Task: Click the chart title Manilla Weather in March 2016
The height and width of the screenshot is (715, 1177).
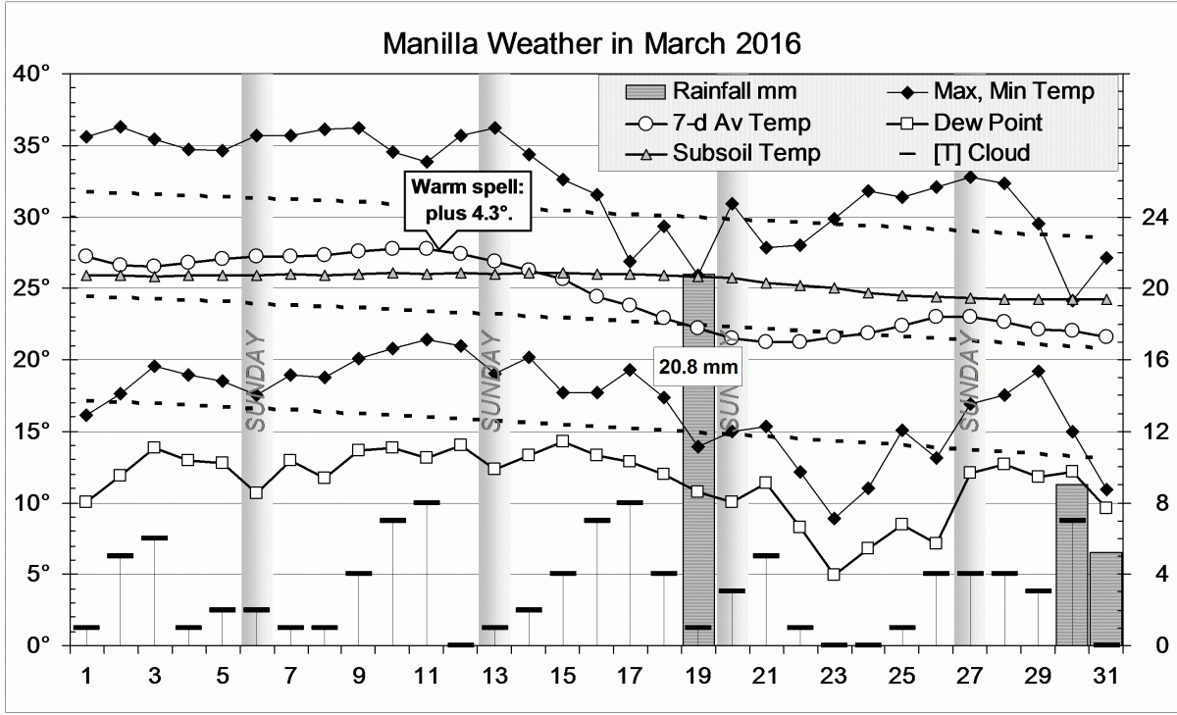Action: (591, 44)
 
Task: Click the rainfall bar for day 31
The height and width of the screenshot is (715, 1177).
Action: (1106, 598)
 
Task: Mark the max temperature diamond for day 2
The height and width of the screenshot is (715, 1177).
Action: (121, 127)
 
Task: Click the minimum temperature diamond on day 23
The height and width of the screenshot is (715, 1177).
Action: (834, 518)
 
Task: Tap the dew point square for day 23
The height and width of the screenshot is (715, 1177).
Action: (834, 574)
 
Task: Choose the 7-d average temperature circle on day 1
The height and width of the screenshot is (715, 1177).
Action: (86, 256)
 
